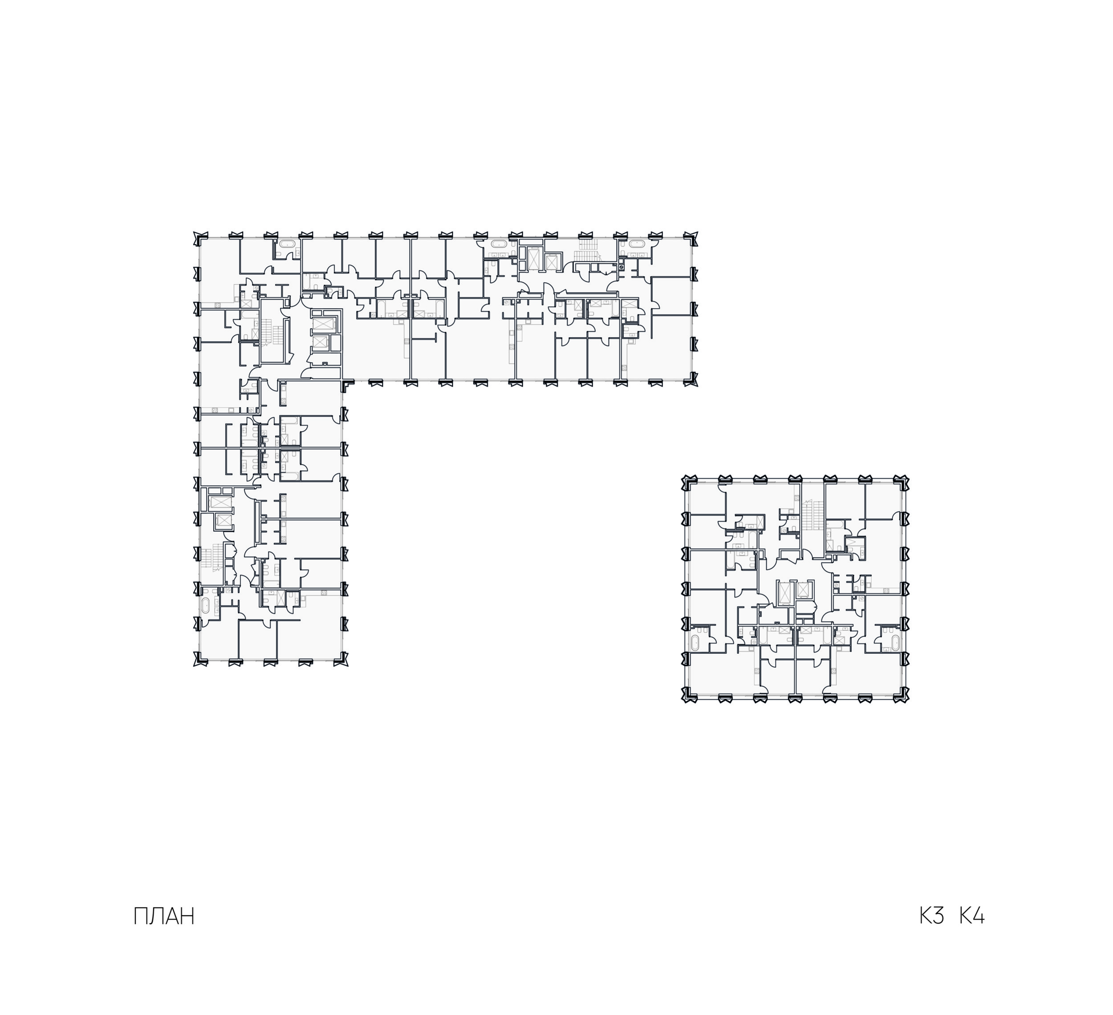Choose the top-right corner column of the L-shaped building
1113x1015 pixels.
(x=692, y=238)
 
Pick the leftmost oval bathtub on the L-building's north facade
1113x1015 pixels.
(x=287, y=244)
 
